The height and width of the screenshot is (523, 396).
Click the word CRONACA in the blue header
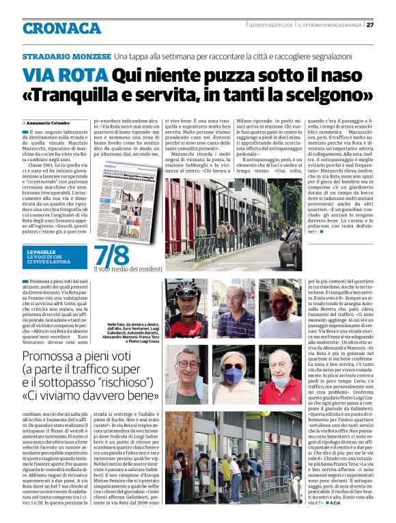coord(62,28)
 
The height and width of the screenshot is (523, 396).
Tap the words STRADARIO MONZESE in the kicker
coord(67,55)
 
